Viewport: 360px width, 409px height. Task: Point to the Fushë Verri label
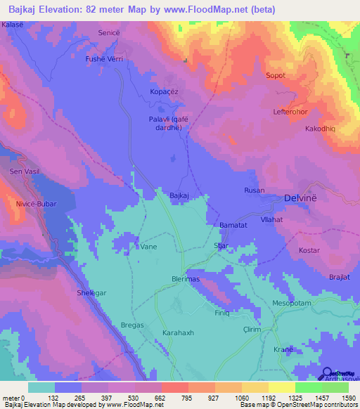104,60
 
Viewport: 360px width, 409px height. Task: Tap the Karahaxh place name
178,332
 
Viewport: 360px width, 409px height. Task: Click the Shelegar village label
91,293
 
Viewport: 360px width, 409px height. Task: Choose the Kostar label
309,251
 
